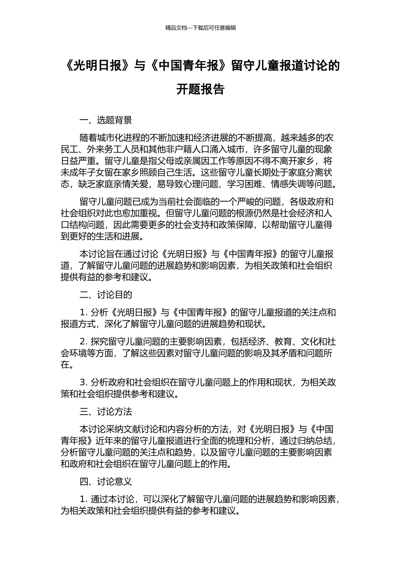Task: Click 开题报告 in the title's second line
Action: point(200,90)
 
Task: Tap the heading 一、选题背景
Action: point(106,120)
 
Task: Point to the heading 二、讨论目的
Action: point(106,295)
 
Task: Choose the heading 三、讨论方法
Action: point(106,412)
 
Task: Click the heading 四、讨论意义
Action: point(106,481)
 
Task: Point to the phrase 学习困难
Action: point(244,184)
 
